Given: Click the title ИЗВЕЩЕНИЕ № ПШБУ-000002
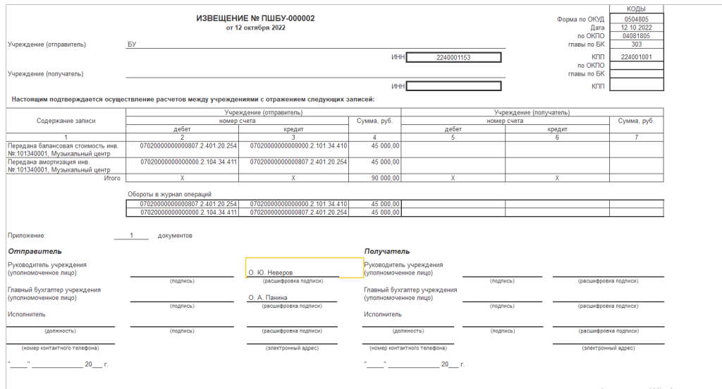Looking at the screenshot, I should click(255, 17).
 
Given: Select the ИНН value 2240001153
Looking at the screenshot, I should click(453, 57).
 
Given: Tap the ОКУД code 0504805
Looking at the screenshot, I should click(636, 19).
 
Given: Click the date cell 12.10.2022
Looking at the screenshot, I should click(636, 27).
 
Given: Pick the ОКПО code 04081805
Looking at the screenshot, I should click(636, 35).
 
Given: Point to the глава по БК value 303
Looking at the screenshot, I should click(636, 44).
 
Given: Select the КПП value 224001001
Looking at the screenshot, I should click(636, 57).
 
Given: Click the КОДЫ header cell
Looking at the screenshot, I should click(636, 8).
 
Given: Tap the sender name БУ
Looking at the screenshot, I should click(132, 44).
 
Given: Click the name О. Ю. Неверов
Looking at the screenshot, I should click(270, 272).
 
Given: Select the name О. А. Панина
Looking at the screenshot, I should click(268, 298).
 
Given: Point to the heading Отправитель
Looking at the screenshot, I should click(35, 251).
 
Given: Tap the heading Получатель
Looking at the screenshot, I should click(387, 251).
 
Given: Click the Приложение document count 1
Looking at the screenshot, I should click(131, 235).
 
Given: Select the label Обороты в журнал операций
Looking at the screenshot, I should click(169, 194).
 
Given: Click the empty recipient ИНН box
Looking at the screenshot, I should click(453, 86).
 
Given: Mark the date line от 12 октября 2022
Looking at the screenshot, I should click(255, 28).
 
